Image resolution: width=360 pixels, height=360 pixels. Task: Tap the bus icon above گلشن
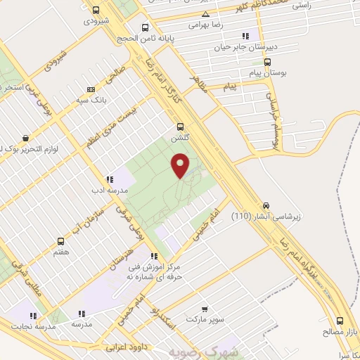tap(181, 127)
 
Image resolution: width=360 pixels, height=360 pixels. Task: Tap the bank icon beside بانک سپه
tap(91, 89)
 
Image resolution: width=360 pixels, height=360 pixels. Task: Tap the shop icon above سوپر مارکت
tap(205, 308)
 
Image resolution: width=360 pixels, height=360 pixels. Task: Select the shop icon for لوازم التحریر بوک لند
tap(25, 139)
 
